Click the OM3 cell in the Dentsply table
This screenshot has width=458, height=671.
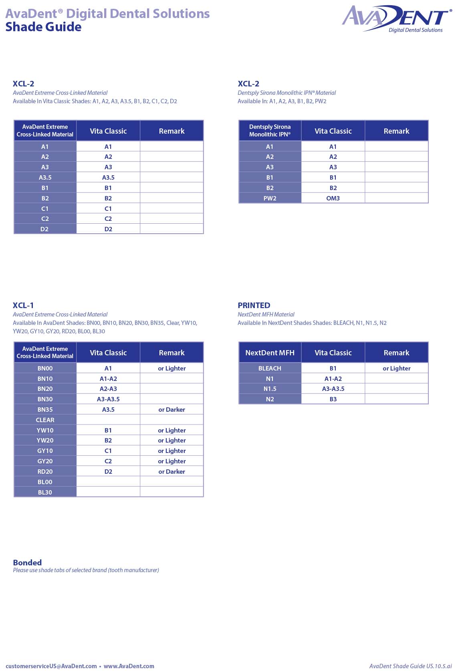(x=333, y=198)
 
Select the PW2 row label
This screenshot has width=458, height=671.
(x=270, y=198)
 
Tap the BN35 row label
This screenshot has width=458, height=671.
(x=45, y=409)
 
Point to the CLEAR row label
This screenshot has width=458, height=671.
(x=45, y=420)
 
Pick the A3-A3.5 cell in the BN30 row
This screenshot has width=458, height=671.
(x=108, y=399)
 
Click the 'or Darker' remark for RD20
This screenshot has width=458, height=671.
(x=171, y=471)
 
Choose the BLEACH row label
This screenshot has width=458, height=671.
(x=270, y=368)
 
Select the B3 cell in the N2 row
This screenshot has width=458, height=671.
(x=333, y=399)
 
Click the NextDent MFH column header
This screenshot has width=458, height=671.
(x=270, y=353)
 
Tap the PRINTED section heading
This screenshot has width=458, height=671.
(x=254, y=305)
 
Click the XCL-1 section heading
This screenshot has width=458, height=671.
(x=23, y=305)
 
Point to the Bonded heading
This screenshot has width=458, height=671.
(x=27, y=562)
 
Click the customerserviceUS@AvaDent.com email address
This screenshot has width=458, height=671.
(x=51, y=666)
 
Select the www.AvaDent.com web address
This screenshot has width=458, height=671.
(x=129, y=666)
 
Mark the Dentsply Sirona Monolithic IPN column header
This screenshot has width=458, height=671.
(x=270, y=130)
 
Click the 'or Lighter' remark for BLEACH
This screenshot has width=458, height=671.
(x=396, y=368)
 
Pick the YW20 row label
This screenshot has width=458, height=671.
(x=45, y=440)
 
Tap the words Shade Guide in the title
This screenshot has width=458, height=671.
(x=43, y=27)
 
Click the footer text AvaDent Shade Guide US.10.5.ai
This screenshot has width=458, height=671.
(x=410, y=666)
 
